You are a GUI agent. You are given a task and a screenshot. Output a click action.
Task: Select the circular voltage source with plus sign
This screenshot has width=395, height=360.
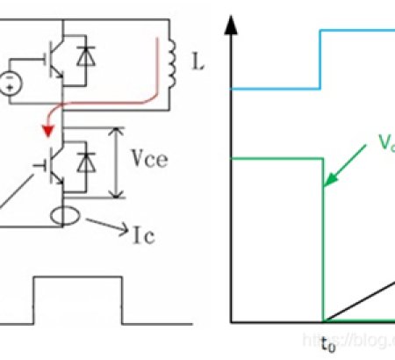(x=11, y=84)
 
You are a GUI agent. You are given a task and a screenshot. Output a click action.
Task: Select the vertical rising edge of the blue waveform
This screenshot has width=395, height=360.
(x=322, y=60)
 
